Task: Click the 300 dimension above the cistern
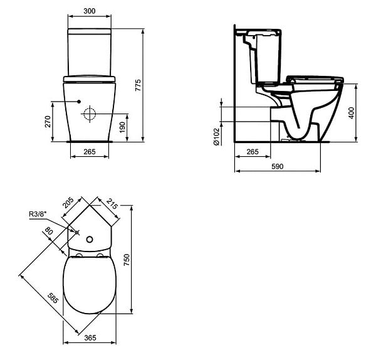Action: tap(90, 11)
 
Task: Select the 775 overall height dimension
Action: tap(138, 85)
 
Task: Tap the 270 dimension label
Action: tap(48, 122)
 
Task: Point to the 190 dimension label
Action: tap(122, 127)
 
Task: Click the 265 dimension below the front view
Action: tap(90, 152)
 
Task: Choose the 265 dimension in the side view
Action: tap(253, 152)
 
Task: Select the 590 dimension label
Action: tap(277, 166)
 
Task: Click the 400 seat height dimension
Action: tap(352, 113)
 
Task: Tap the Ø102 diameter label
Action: tap(216, 137)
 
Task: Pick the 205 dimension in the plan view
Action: tap(68, 203)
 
